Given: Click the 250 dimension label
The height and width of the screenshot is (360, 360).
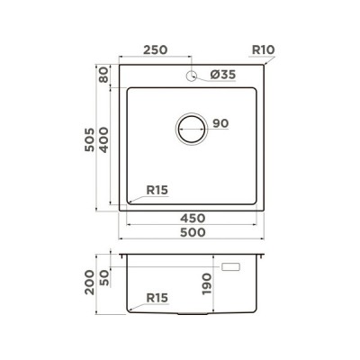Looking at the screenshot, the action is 155,49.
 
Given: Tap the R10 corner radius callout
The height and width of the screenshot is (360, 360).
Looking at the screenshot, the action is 263,49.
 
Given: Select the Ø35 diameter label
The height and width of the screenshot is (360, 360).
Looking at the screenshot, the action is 223,75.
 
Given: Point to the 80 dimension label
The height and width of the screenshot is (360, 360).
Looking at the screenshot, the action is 103,75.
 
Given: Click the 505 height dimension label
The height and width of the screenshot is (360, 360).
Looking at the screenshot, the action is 89,139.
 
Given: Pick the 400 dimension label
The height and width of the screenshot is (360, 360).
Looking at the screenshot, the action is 103,139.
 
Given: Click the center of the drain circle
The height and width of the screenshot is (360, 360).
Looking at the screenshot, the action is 192,129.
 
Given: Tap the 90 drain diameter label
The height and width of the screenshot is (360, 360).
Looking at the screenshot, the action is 220,123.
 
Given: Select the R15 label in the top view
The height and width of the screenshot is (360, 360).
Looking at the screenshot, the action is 157,190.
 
